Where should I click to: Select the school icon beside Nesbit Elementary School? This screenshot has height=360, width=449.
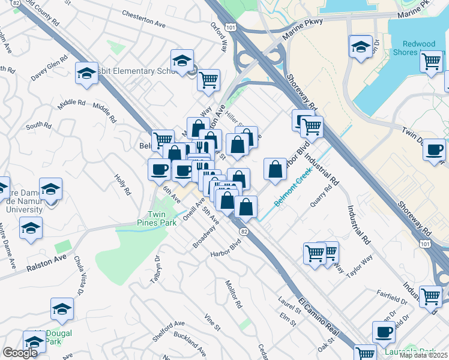point(182,61)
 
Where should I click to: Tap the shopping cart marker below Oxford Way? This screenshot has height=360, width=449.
point(208,80)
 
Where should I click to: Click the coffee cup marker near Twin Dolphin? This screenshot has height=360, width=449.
point(434,150)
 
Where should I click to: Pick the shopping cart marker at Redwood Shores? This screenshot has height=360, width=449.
point(432,61)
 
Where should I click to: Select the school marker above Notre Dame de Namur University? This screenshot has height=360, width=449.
point(51,189)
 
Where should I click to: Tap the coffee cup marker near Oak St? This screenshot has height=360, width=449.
point(384,332)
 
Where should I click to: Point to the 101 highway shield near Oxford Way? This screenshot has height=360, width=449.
point(232,27)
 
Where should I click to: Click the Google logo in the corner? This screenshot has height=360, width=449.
point(20,353)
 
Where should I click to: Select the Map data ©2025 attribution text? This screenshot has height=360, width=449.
point(423,355)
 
